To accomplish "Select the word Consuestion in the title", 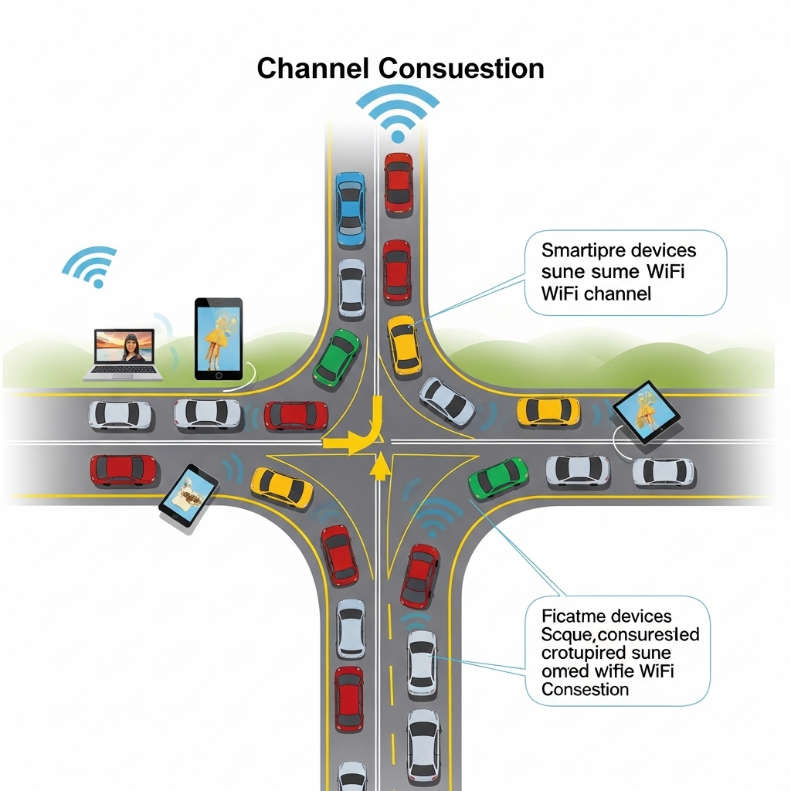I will tap(461, 68).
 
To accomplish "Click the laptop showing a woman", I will tap(124, 354).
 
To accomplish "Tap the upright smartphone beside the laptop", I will tap(218, 338).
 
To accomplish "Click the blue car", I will tap(350, 209).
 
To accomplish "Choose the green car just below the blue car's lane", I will tap(337, 358).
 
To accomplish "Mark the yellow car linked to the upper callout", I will tap(403, 343).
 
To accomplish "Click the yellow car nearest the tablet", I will tap(548, 410).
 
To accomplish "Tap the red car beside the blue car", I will tap(398, 182).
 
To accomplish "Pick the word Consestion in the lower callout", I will tap(585, 689).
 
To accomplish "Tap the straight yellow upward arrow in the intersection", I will tap(380, 467).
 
